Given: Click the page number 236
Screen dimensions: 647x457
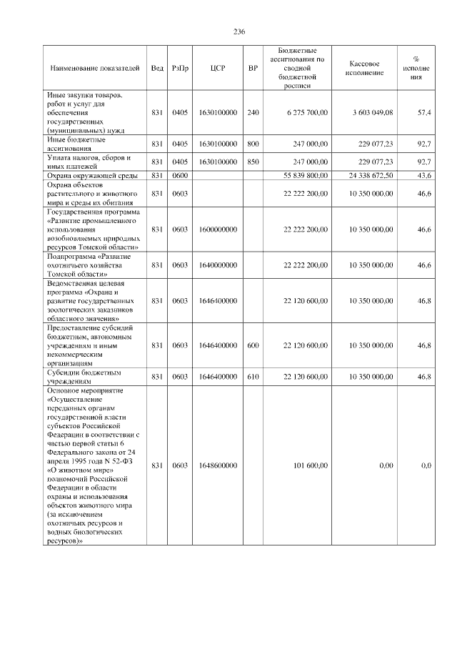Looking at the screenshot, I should click(x=239, y=32).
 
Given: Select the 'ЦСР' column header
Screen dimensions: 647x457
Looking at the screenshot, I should click(x=219, y=68).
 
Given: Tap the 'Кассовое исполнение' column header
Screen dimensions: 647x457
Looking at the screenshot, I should click(x=368, y=68).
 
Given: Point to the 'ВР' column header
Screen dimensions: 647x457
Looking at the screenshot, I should click(x=252, y=68).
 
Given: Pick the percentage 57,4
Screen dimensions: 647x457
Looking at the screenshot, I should click(x=423, y=113).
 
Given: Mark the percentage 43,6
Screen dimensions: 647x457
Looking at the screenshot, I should click(x=423, y=175).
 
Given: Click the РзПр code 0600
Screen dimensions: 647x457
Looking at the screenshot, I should click(x=180, y=175).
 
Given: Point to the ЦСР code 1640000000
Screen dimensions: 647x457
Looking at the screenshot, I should click(x=219, y=265).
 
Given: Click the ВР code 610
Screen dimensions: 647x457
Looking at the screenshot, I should click(x=252, y=376).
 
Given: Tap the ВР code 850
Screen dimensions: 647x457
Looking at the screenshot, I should click(x=252, y=162).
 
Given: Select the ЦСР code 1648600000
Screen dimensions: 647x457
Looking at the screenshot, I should click(x=219, y=465).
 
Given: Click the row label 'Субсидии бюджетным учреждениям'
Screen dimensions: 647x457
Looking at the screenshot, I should click(x=84, y=377).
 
